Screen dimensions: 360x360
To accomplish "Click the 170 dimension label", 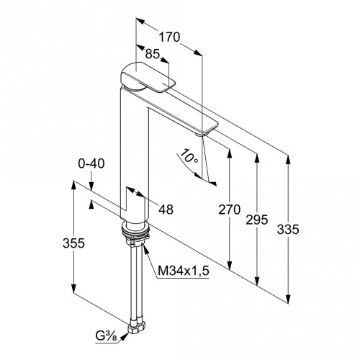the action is click(x=169, y=37).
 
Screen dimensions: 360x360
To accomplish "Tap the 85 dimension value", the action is click(x=153, y=54).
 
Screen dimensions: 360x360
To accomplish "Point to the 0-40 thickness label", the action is click(x=91, y=163).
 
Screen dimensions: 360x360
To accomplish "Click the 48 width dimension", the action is click(x=166, y=210).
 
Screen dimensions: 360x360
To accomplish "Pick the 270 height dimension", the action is click(x=229, y=210).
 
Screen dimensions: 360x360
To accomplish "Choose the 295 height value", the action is click(x=256, y=220).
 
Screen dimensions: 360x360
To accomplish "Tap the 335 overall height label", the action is click(x=288, y=229).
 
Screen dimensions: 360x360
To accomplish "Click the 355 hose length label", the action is click(x=73, y=243).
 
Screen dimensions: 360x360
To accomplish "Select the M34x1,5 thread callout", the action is click(x=184, y=271).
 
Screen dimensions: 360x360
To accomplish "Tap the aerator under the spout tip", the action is click(x=199, y=135).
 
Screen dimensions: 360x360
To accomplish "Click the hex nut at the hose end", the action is click(x=138, y=326).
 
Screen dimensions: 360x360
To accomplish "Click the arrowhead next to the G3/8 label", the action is click(x=124, y=336).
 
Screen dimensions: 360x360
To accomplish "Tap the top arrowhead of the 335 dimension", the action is click(x=288, y=161).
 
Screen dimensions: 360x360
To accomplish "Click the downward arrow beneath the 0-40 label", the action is click(x=91, y=186).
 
